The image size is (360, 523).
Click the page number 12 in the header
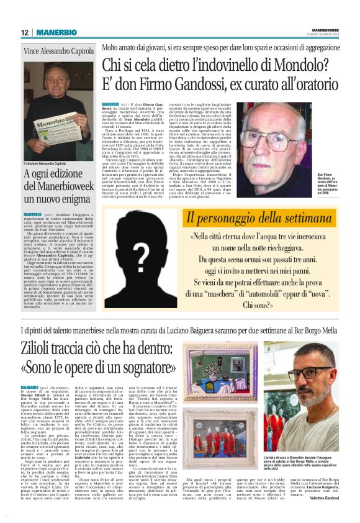[x=25, y=32]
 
